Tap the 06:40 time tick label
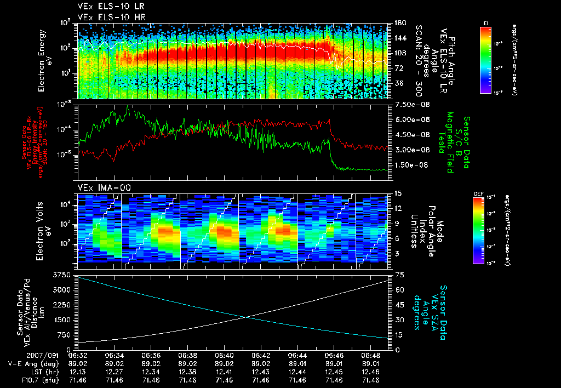pos(224,355)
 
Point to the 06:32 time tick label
pos(78,355)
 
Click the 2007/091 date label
pos(22,355)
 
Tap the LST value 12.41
pos(224,372)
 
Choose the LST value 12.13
pos(78,372)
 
